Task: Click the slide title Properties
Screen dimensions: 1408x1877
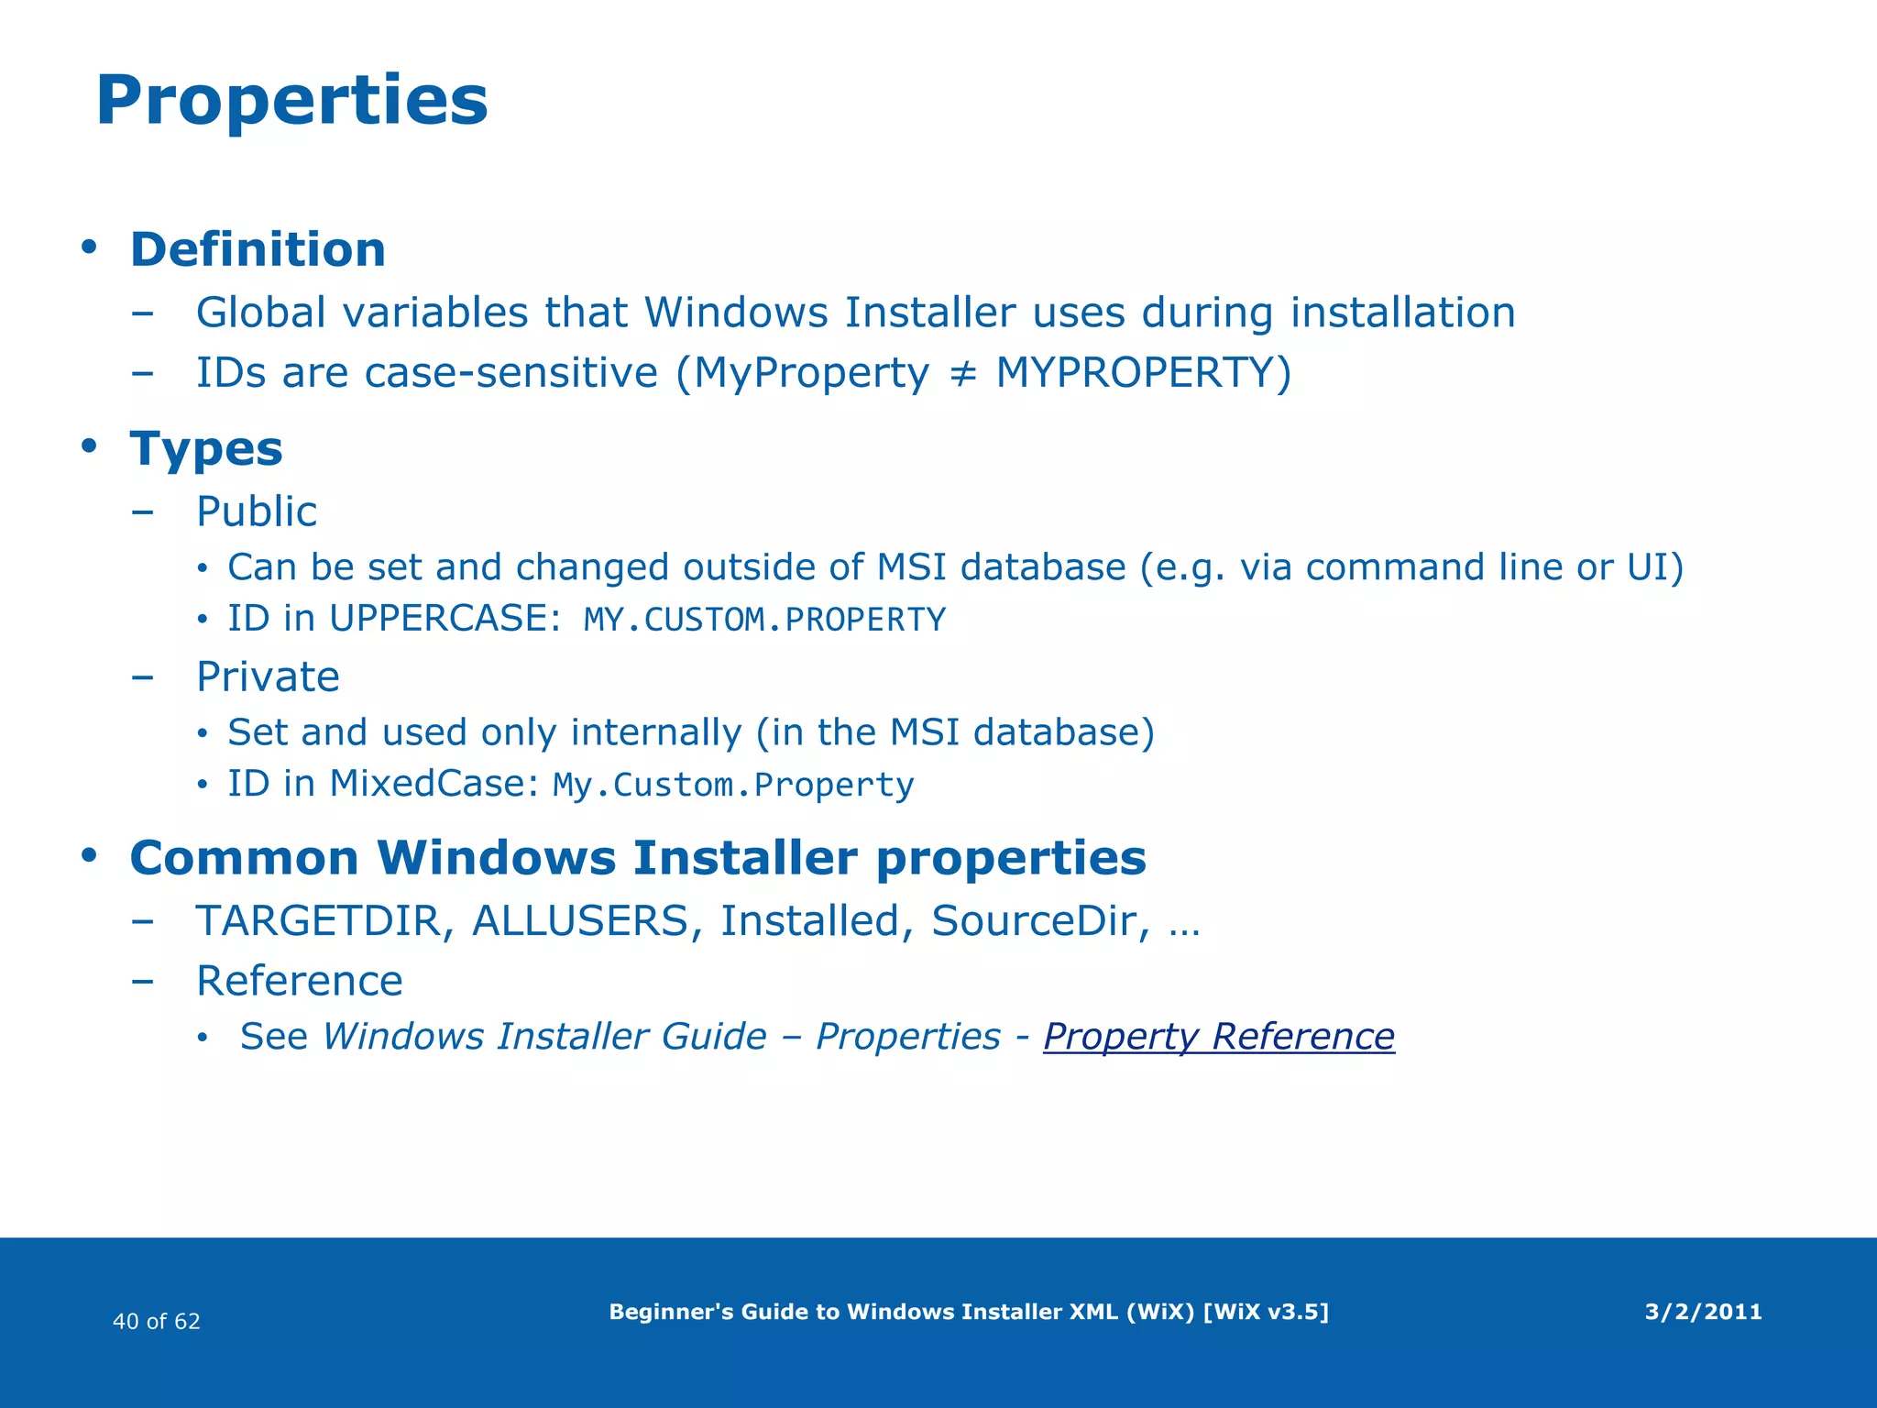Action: tap(291, 101)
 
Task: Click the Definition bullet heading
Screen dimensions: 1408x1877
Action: tap(258, 249)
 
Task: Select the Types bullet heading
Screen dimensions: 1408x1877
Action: tap(206, 449)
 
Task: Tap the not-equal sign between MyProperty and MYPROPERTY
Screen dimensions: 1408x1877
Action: tap(961, 374)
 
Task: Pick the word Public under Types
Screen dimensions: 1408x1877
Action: tap(257, 511)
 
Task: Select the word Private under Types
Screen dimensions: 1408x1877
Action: tap(268, 677)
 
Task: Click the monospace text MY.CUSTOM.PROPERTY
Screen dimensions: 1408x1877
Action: tap(764, 621)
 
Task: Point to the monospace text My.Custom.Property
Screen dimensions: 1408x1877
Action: tap(733, 786)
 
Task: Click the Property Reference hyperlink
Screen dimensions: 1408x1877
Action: tap(1218, 1037)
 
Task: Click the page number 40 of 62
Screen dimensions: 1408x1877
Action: tap(156, 1321)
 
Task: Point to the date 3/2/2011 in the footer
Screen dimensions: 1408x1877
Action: tap(1703, 1312)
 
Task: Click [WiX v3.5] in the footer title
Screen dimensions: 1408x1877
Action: tap(1265, 1312)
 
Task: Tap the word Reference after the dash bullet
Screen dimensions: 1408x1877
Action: tap(300, 981)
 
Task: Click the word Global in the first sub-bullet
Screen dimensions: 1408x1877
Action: tap(261, 313)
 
